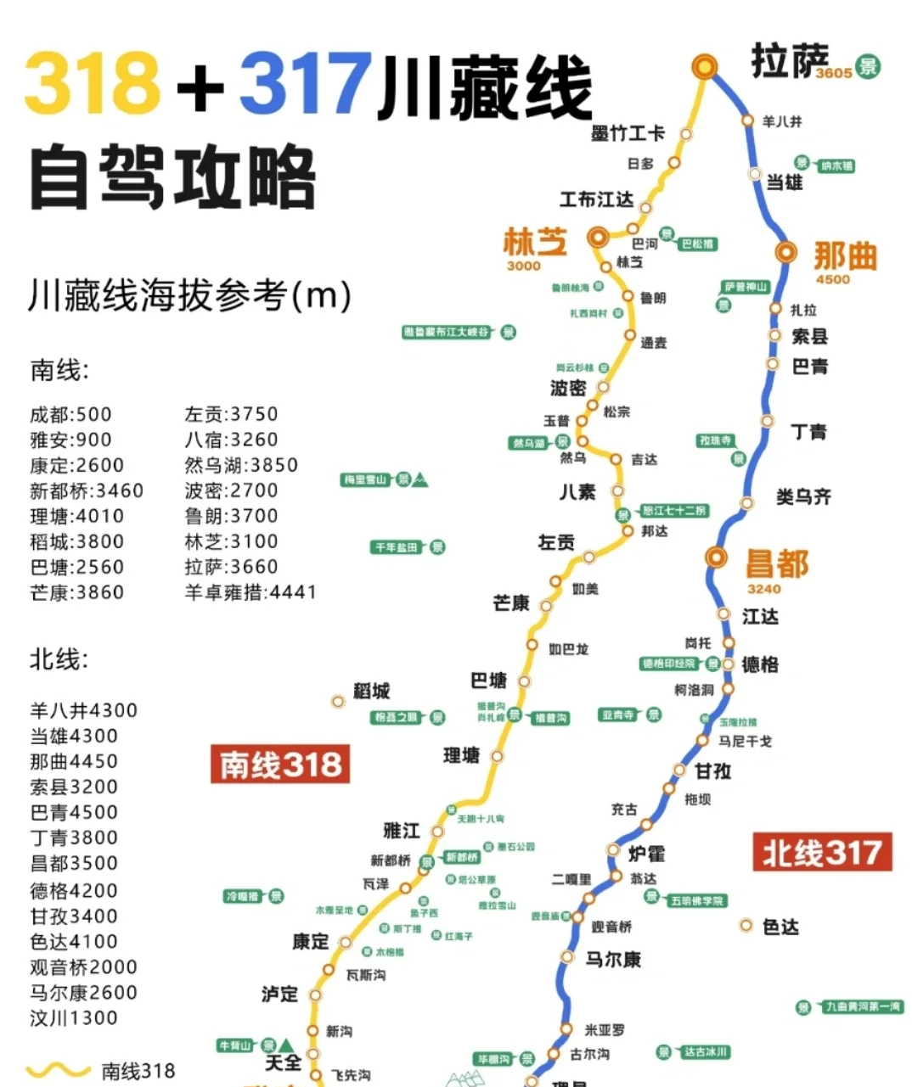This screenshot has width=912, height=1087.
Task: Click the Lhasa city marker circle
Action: click(704, 66)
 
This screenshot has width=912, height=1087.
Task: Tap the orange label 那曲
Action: click(844, 255)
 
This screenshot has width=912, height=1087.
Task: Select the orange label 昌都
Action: click(777, 563)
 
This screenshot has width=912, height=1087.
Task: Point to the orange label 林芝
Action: click(534, 242)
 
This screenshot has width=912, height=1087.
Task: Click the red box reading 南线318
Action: click(280, 764)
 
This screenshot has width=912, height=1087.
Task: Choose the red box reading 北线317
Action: click(822, 852)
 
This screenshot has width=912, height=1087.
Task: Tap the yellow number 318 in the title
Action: click(93, 83)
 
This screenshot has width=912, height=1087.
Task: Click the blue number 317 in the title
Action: click(306, 83)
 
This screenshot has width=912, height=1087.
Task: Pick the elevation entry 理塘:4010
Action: click(77, 516)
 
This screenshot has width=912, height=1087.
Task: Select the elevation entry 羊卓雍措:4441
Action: click(251, 592)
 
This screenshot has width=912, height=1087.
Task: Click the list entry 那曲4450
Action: click(74, 761)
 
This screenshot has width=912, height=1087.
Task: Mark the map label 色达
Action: click(780, 927)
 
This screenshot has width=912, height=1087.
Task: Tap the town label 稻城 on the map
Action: click(372, 691)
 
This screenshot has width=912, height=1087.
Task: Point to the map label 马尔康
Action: click(613, 960)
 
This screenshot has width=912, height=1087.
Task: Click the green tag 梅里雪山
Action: click(366, 480)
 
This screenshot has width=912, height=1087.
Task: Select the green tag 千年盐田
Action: click(397, 547)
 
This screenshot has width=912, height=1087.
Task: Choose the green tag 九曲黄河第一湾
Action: click(861, 1007)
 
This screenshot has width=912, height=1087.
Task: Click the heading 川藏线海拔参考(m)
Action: click(189, 295)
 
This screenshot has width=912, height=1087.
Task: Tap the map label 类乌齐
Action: click(802, 496)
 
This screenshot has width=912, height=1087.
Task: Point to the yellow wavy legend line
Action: click(58, 1071)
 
